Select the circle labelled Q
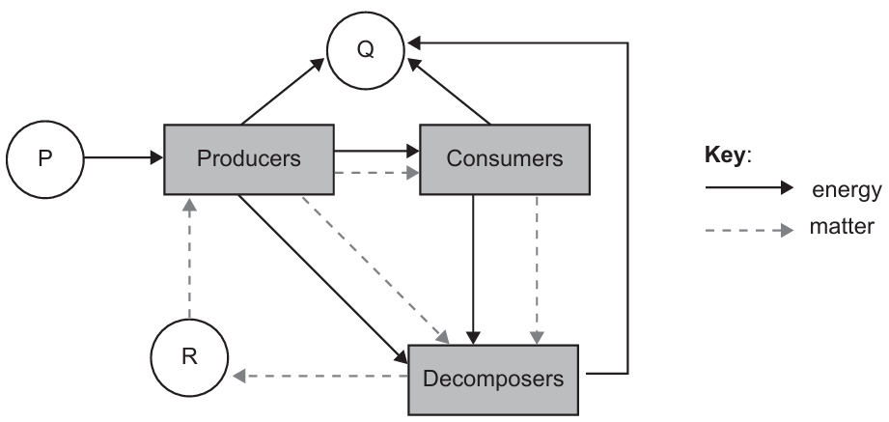365,49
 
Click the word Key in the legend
725,155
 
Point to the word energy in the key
845,190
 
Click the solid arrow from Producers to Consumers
376,150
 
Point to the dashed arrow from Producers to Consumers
376,175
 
